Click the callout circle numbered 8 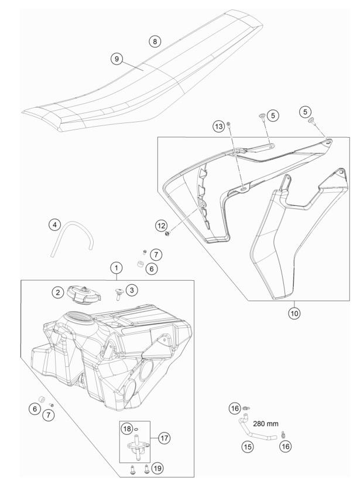(x=155, y=42)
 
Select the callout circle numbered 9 (x=116, y=59)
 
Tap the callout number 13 (x=219, y=127)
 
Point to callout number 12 (x=162, y=226)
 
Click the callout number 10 (x=294, y=313)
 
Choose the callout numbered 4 (x=55, y=225)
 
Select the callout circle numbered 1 (x=116, y=268)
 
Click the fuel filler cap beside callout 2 (x=84, y=294)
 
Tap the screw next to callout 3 (x=118, y=293)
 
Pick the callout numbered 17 (x=164, y=438)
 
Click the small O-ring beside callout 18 (x=136, y=429)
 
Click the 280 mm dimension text (x=266, y=424)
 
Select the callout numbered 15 (x=248, y=447)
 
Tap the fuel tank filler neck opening (x=81, y=316)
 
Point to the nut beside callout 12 (x=167, y=234)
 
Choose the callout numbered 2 (x=57, y=292)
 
